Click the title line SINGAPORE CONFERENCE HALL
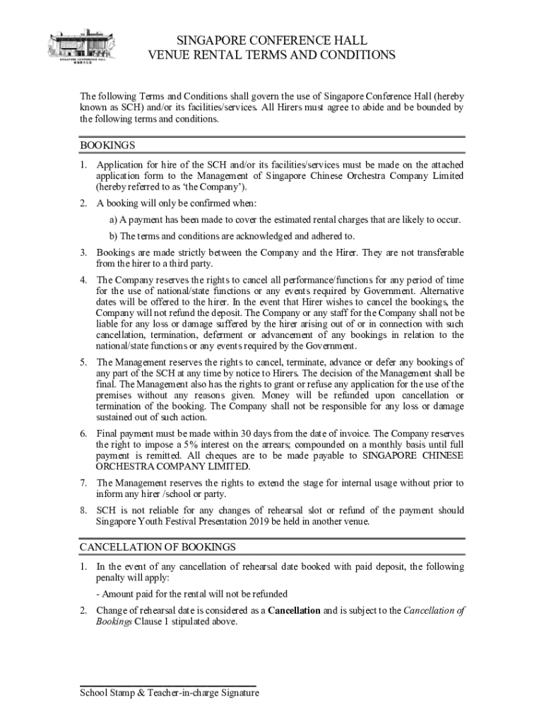(x=271, y=40)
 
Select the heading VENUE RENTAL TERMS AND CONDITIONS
(x=271, y=55)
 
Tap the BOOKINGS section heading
(x=107, y=145)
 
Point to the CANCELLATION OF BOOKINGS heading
(x=158, y=547)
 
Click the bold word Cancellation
(x=294, y=610)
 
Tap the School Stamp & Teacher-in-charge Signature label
(x=170, y=693)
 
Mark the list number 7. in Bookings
(x=83, y=483)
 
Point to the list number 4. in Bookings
(x=83, y=279)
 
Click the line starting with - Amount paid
(x=191, y=593)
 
